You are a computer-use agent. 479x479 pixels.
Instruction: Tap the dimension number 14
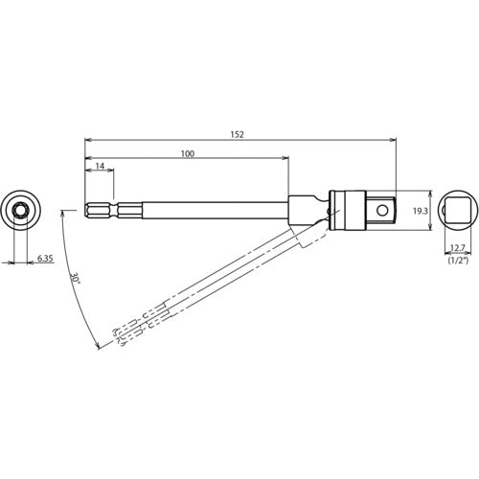tap(100, 168)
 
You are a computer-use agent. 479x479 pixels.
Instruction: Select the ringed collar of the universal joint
tap(335, 208)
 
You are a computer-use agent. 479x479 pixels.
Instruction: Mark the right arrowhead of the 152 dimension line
tap(394, 142)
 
